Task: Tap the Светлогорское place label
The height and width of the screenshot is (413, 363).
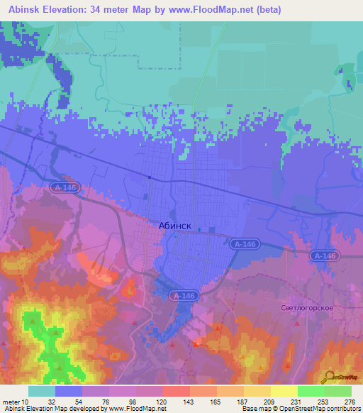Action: (307, 308)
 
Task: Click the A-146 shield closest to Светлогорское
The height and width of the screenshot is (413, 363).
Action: (324, 255)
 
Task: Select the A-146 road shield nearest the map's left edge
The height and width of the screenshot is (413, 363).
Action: (65, 187)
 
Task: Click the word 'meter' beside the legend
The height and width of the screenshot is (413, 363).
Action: (12, 401)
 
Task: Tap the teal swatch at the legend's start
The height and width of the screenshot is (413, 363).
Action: (42, 391)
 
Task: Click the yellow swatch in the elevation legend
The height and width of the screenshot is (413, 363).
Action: (284, 391)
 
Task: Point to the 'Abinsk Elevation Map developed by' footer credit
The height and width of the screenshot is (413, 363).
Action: (54, 409)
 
